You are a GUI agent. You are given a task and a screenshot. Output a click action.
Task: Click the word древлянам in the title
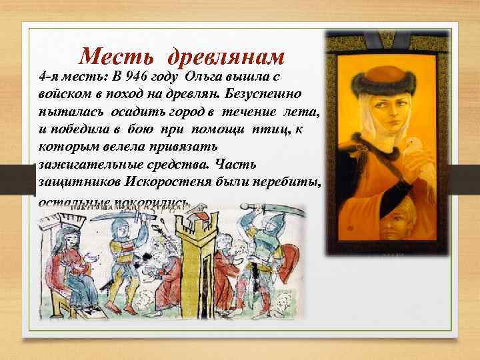coord(227,56)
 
